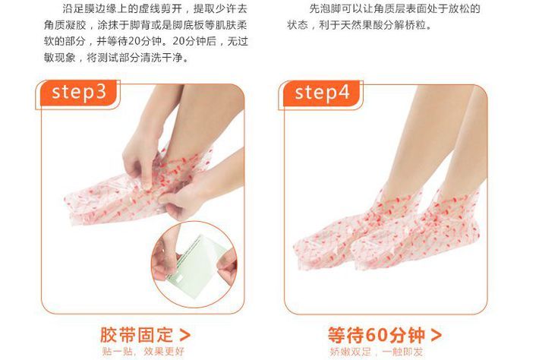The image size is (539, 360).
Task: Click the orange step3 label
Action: [78, 93]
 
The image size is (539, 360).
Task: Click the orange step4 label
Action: [322, 93]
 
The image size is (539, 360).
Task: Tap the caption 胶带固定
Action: [137, 335]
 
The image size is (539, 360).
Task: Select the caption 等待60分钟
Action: [377, 335]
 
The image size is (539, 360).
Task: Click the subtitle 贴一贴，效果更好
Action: [143, 352]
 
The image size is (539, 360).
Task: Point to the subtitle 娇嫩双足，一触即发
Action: [376, 352]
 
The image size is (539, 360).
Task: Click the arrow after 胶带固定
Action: [185, 335]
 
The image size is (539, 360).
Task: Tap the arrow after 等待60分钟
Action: [437, 335]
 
